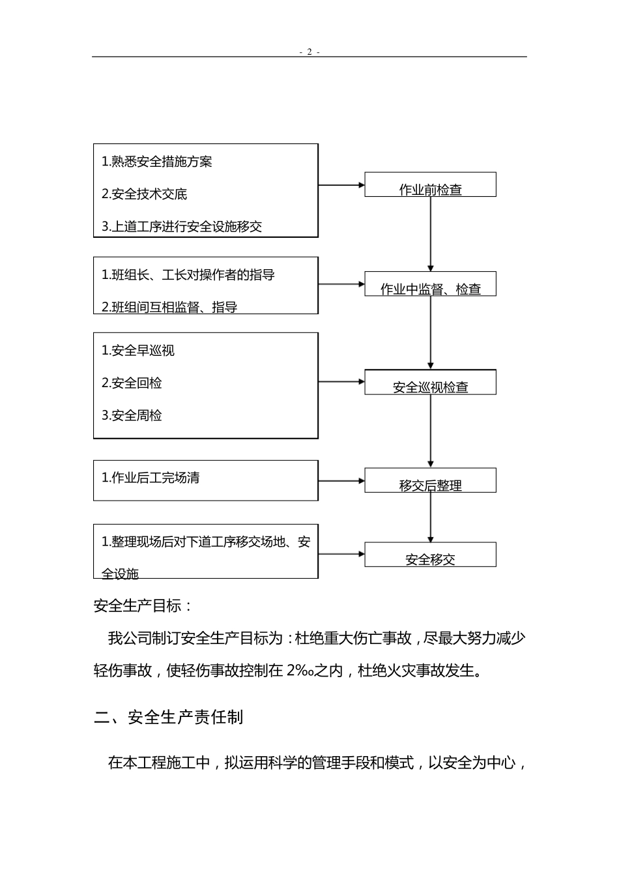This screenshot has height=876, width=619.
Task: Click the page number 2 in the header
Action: [x=309, y=52]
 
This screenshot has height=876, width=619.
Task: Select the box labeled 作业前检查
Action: [x=430, y=185]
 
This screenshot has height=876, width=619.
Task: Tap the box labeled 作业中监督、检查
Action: [x=430, y=284]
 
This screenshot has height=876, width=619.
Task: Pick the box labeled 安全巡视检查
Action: [x=430, y=383]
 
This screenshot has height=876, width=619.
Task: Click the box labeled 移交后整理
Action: [x=430, y=481]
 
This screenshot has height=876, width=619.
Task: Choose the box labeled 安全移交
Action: [x=430, y=555]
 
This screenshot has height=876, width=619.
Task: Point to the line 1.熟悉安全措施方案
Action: [x=157, y=162]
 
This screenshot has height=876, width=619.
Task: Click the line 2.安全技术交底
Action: [x=145, y=194]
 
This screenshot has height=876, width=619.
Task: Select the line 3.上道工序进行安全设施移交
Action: [x=182, y=227]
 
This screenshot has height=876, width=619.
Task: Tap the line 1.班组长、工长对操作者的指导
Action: [x=188, y=275]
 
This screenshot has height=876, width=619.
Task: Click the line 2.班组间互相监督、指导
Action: [x=169, y=307]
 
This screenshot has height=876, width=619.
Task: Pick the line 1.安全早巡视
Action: [x=138, y=351]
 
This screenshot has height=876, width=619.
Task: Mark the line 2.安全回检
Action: [x=132, y=383]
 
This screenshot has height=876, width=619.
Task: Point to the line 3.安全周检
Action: [x=132, y=416]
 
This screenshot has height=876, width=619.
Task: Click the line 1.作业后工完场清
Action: [x=151, y=478]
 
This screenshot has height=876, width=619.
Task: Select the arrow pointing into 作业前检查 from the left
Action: [x=341, y=185]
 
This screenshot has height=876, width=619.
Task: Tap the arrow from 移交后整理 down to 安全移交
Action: [x=430, y=517]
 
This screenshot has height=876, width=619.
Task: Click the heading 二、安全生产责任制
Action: [x=169, y=718]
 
